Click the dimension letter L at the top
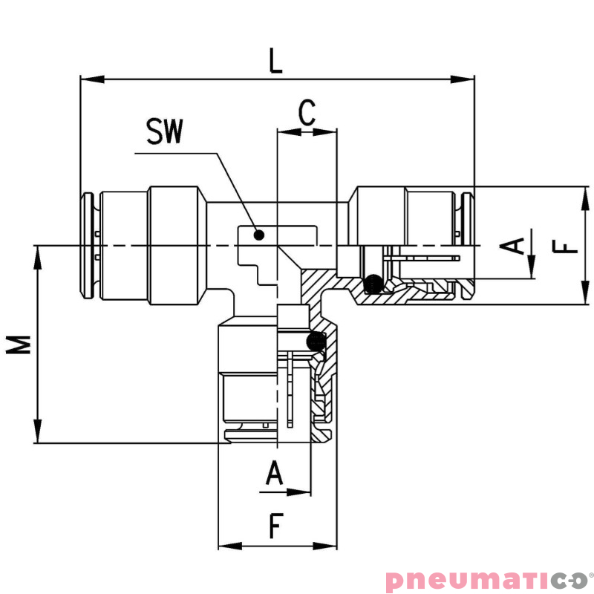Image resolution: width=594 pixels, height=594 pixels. pyautogui.click(x=275, y=61)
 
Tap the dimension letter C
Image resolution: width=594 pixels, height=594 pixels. pyautogui.click(x=307, y=113)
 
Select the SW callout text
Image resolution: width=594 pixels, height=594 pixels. pyautogui.click(x=165, y=131)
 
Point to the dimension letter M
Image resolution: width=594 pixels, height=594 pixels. pyautogui.click(x=18, y=345)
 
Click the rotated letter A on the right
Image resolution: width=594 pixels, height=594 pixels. pyautogui.click(x=512, y=246)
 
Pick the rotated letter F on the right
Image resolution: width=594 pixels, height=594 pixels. pyautogui.click(x=565, y=247)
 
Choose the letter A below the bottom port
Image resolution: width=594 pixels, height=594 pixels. pyautogui.click(x=274, y=473)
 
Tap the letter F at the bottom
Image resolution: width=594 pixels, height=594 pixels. pyautogui.click(x=276, y=526)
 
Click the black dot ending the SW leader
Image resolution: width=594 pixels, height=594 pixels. pyautogui.click(x=258, y=235)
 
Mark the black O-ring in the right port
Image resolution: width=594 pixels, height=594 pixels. pyautogui.click(x=373, y=284)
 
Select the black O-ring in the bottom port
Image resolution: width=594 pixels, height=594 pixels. pyautogui.click(x=316, y=342)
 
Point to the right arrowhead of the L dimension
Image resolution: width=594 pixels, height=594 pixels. pyautogui.click(x=462, y=79)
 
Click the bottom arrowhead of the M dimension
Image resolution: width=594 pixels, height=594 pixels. pyautogui.click(x=38, y=431)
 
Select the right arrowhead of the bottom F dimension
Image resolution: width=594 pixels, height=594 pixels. pyautogui.click(x=325, y=546)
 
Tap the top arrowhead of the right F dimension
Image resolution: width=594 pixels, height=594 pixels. pyautogui.click(x=585, y=198)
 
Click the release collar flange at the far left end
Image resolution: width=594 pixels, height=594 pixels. pyautogui.click(x=86, y=246)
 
